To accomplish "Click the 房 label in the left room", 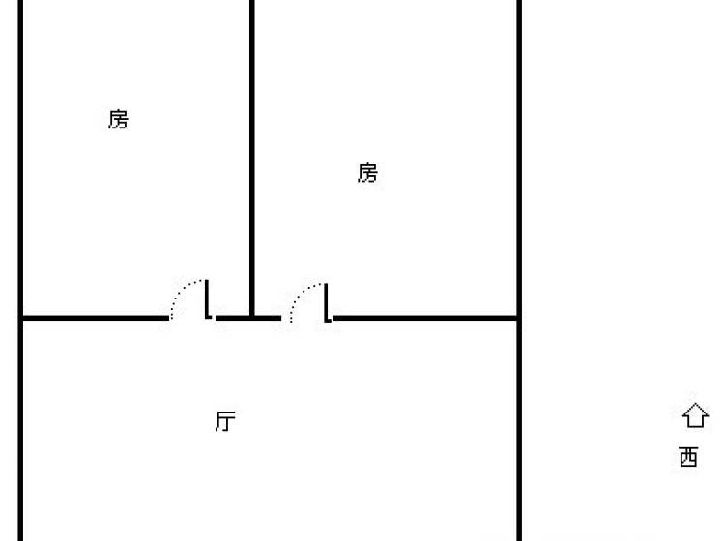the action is point(118,120).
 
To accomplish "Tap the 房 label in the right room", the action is point(367,173).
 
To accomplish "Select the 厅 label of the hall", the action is point(225,421).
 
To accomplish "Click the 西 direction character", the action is point(688,457).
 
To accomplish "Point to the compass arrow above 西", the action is point(695,414).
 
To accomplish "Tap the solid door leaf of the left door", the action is point(208,299).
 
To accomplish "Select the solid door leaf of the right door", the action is point(328,302).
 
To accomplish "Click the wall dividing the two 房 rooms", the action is point(252,158).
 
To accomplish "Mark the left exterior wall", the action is point(20,270).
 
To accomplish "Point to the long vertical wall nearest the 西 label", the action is point(519,270).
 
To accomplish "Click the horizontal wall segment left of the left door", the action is point(96,318).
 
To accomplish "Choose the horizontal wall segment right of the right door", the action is point(425,318).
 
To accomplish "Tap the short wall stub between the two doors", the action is point(248,318).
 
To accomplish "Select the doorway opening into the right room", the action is point(307,318).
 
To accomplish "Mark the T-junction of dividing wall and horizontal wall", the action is point(252,318).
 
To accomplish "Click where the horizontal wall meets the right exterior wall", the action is point(519,318).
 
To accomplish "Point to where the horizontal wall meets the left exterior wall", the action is point(20,318).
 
